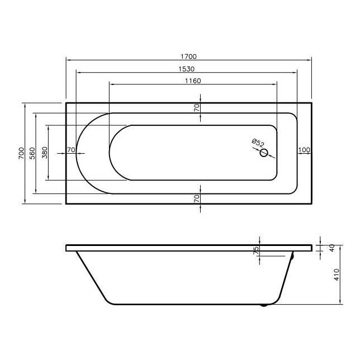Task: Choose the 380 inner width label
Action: (45, 153)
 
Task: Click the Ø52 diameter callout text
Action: (258, 142)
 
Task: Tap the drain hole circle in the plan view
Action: (265, 154)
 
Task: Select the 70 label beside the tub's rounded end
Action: (71, 150)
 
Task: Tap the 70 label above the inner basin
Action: (197, 108)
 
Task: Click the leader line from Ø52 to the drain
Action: (260, 149)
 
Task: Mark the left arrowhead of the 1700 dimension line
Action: (68, 59)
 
